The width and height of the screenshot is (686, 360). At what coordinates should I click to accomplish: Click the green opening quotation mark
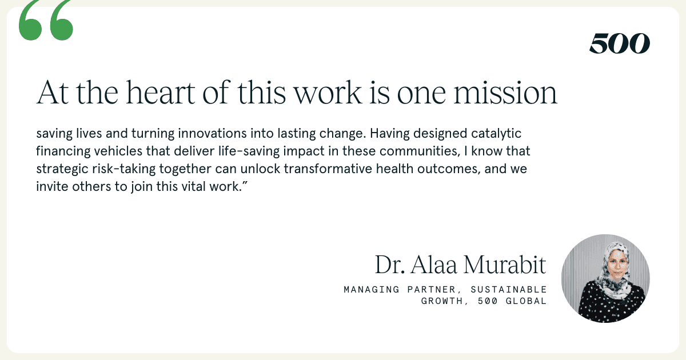(x=46, y=20)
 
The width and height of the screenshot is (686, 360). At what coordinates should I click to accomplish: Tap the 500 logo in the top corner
(x=620, y=43)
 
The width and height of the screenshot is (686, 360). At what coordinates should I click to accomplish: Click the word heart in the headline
(x=161, y=93)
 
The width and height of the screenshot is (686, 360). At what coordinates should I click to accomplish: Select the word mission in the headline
(x=505, y=93)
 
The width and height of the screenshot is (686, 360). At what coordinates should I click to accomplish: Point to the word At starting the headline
(x=53, y=93)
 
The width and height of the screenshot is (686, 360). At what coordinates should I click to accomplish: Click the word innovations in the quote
(x=212, y=134)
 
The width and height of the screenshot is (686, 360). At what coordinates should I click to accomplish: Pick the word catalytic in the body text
(x=496, y=134)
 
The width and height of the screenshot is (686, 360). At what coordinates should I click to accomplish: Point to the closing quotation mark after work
(x=245, y=183)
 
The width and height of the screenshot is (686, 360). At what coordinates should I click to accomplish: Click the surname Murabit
(x=504, y=265)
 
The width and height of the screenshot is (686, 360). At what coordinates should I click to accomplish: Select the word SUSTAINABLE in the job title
(x=509, y=289)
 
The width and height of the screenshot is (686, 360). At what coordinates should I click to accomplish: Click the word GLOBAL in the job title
(x=526, y=301)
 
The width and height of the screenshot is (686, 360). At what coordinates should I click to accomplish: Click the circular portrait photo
(x=605, y=279)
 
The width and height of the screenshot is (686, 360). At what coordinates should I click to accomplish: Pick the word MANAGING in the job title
(x=372, y=289)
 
